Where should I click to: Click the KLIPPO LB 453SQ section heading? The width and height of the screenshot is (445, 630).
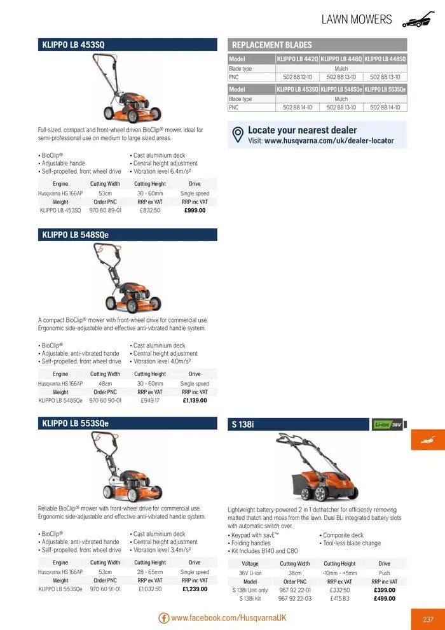click(73, 45)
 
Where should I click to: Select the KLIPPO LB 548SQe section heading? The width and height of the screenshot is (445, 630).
click(75, 235)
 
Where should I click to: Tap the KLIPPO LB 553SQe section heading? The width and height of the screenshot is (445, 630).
click(75, 423)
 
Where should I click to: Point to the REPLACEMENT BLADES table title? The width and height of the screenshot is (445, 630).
click(272, 45)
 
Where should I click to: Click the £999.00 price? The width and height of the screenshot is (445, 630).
click(195, 210)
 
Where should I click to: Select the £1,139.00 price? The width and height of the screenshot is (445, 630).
click(195, 400)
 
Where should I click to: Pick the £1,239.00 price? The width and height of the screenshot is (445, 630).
click(195, 589)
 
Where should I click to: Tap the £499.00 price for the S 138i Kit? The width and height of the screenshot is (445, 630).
click(384, 598)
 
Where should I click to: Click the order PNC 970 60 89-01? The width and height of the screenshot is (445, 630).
click(105, 210)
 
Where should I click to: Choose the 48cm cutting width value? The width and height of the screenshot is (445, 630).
click(105, 384)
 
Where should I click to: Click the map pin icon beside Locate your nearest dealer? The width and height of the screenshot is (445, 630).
click(238, 135)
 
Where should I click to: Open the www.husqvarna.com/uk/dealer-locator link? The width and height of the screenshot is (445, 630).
click(329, 141)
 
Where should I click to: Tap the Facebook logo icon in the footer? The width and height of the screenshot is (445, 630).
click(163, 618)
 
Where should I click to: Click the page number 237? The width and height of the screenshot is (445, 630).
click(427, 619)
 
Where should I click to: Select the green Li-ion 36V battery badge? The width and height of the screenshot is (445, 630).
click(388, 424)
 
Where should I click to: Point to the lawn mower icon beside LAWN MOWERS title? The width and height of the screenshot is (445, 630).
click(418, 20)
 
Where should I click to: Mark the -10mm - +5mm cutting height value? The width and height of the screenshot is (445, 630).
click(339, 573)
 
